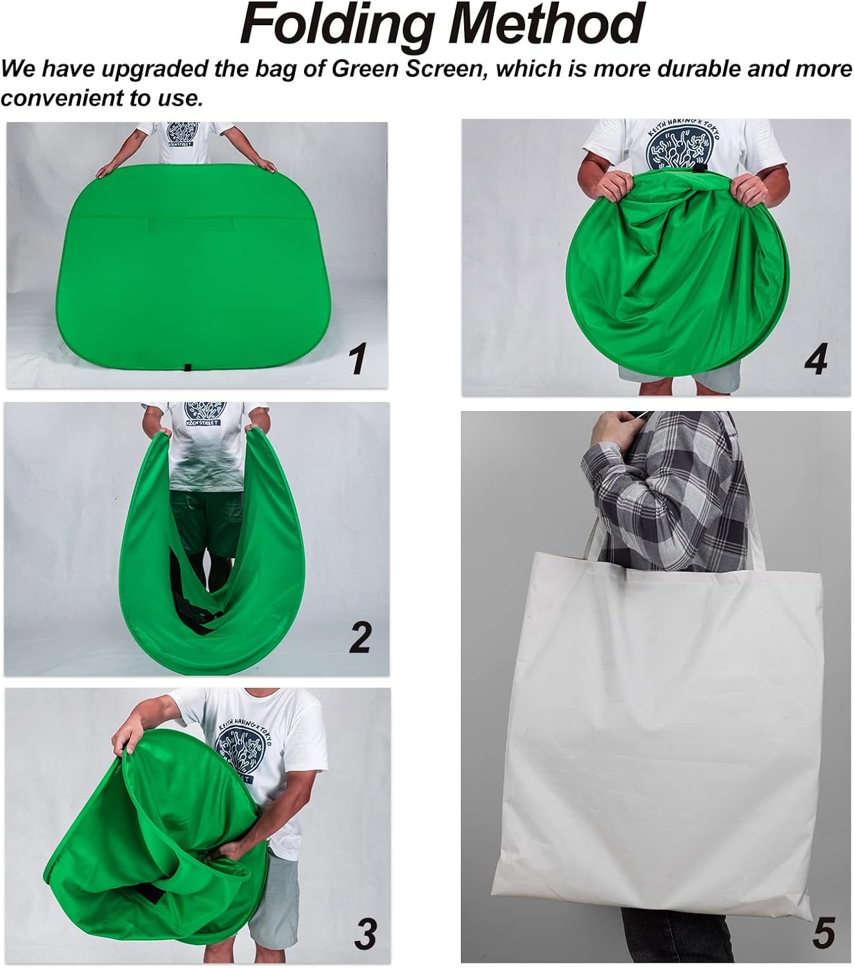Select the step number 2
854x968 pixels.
coord(360,637)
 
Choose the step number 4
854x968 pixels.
coord(815,359)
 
